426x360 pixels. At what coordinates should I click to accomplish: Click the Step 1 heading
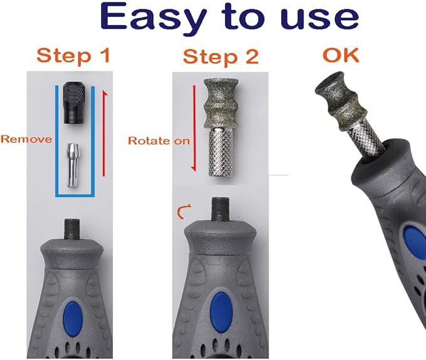point(73,56)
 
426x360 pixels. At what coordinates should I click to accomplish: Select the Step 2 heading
point(221,57)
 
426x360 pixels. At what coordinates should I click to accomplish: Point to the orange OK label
point(341,55)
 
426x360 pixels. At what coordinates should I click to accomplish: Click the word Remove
point(26,139)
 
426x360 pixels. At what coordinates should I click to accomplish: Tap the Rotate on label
point(159,140)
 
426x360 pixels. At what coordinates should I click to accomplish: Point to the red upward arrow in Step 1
point(104,134)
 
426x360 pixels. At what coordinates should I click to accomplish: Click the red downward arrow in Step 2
point(194,129)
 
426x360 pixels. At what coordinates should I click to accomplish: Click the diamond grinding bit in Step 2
point(221,103)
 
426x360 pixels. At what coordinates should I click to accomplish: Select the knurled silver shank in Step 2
point(221,152)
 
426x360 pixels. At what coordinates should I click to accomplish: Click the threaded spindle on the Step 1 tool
point(72,229)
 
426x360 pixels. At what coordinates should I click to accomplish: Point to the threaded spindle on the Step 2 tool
point(220,209)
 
